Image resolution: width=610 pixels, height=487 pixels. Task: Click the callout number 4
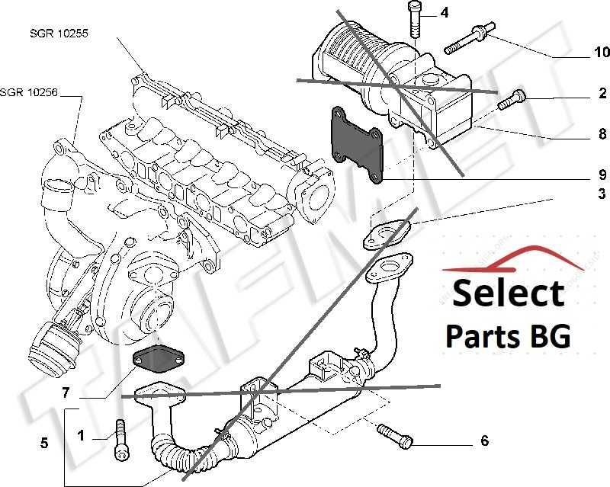pos(444,13)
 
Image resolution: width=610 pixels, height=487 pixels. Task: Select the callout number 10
pos(602,53)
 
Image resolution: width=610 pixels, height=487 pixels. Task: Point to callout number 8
pos(602,136)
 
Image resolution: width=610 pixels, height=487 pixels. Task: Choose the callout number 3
pos(602,193)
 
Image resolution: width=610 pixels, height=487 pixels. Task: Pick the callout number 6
pos(483,441)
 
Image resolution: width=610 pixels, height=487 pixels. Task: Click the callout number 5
pos(44,442)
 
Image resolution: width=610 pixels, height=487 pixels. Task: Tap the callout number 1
pos(81,436)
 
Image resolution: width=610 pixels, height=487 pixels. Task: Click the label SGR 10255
pos(59,34)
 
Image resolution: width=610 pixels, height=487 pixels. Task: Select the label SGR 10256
pos(29,93)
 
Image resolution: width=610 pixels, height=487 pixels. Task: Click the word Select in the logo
pos(508,293)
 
